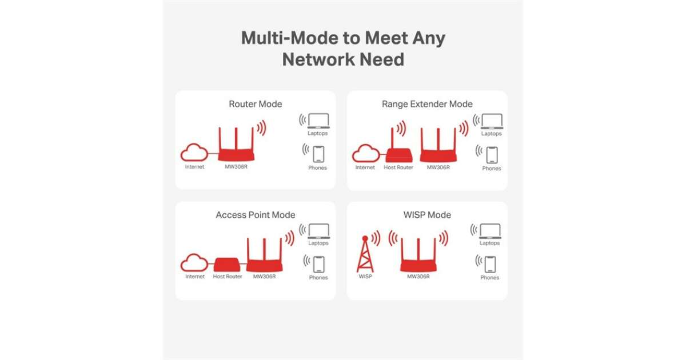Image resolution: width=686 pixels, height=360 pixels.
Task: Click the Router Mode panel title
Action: tap(255, 104)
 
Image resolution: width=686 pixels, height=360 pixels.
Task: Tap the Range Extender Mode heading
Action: tap(427, 104)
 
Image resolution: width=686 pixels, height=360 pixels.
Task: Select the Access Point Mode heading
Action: tap(255, 215)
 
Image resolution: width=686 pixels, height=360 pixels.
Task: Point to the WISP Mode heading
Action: tap(427, 215)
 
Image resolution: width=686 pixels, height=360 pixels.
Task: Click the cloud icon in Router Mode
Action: tap(194, 153)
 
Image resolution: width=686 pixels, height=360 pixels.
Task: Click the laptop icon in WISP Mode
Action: tap(490, 231)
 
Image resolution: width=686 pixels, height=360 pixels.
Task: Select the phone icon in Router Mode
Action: tap(318, 154)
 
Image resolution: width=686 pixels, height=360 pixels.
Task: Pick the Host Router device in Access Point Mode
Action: tap(228, 265)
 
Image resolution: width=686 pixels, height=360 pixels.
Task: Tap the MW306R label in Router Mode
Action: tap(236, 167)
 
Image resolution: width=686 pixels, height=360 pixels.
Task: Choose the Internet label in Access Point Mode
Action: tap(195, 277)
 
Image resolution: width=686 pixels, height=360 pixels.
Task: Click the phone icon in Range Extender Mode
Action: tap(491, 155)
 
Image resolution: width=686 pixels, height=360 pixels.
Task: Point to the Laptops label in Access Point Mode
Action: tap(318, 243)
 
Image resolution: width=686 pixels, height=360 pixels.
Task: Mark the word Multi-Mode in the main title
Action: tap(284, 38)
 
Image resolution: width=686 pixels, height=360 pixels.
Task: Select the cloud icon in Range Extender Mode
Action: tap(365, 153)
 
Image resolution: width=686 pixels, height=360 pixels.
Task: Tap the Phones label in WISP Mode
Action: tap(490, 278)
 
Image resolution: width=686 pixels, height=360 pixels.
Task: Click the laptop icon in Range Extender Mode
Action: tap(491, 121)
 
